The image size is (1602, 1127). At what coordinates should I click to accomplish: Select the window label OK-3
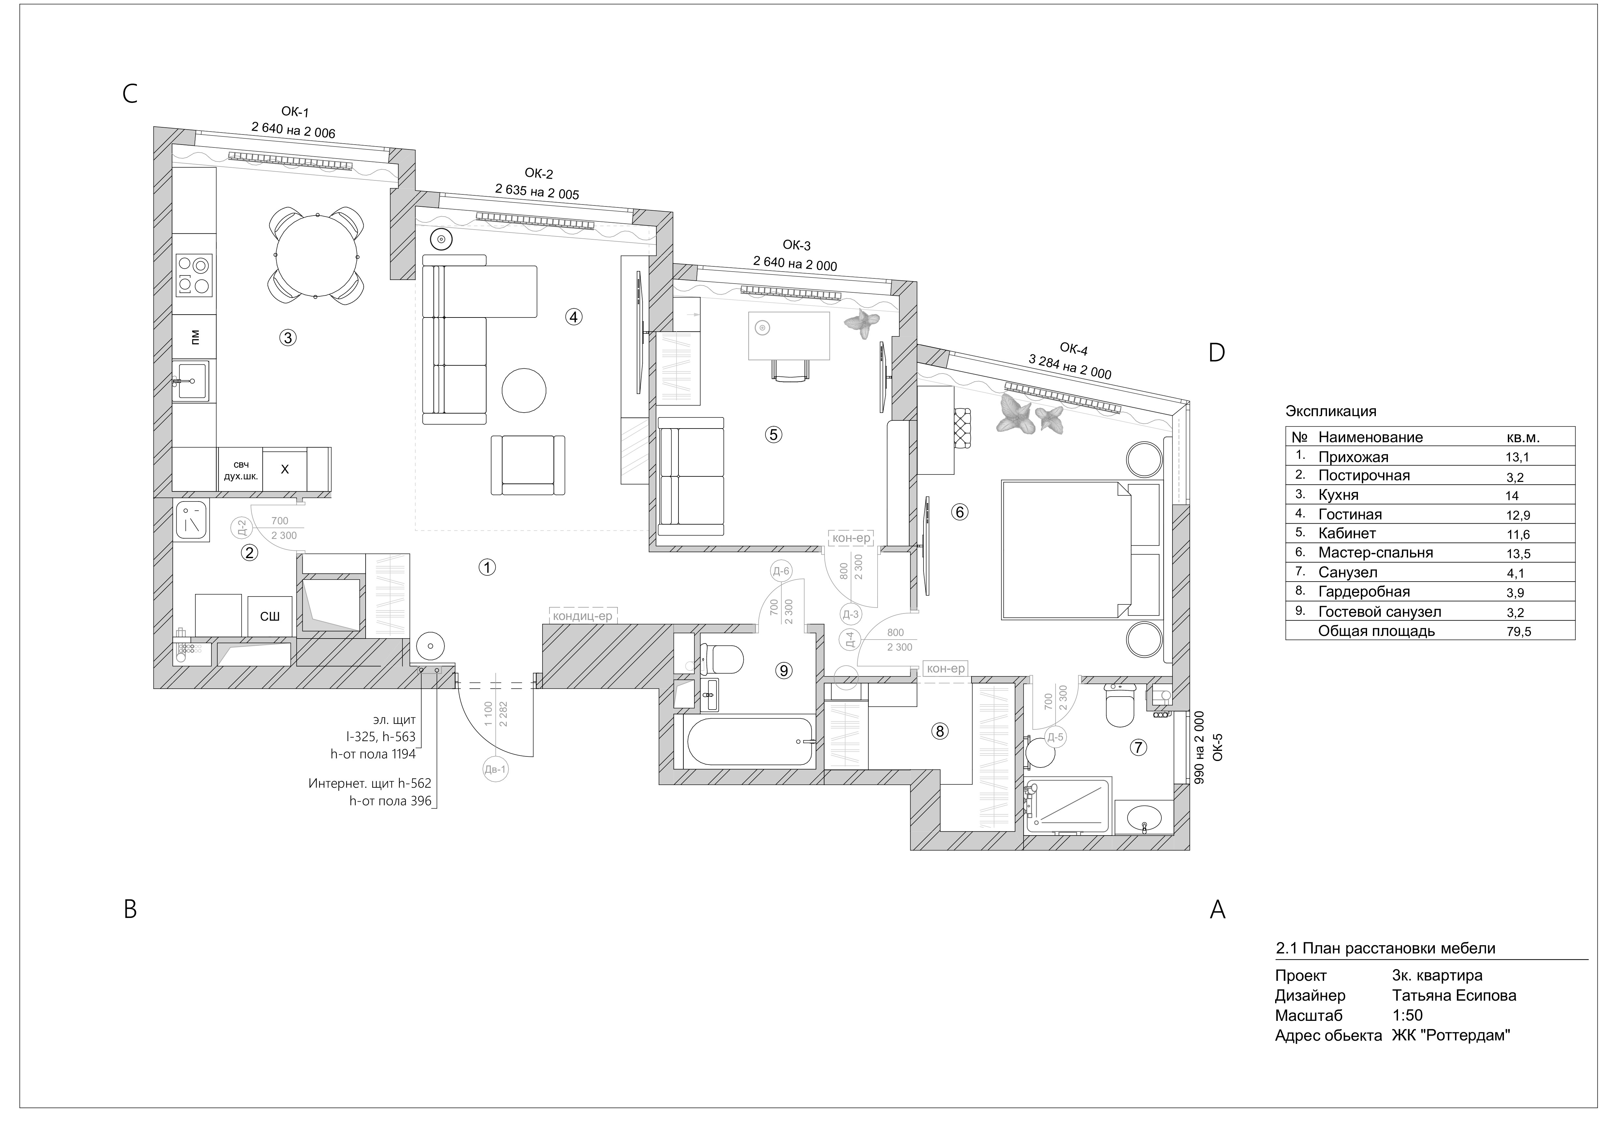[x=796, y=245]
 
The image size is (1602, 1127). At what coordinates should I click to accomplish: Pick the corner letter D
[x=1217, y=353]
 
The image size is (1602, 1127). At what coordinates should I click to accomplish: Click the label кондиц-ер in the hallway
[x=583, y=616]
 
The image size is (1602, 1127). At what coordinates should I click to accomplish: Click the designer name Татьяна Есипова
[x=1454, y=996]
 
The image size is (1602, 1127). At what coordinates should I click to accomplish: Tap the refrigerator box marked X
[x=285, y=469]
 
